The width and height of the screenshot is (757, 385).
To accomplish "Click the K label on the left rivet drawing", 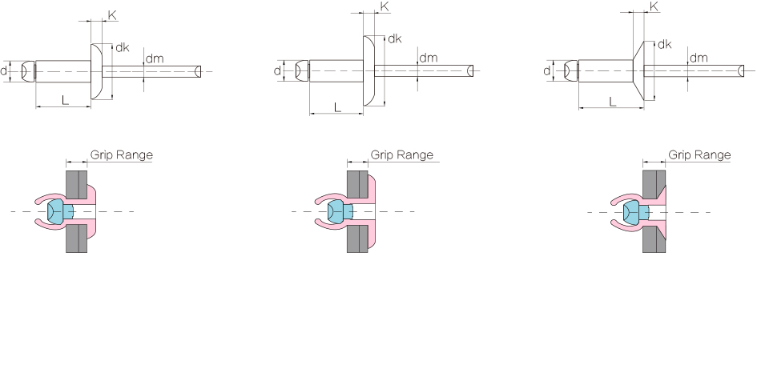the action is click(112, 15).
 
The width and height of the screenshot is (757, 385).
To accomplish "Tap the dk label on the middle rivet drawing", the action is click(395, 38).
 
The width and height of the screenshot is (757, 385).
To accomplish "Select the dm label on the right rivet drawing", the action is click(699, 58).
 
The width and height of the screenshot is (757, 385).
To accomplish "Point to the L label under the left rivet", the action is click(65, 100).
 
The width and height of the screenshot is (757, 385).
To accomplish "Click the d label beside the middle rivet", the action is click(277, 71).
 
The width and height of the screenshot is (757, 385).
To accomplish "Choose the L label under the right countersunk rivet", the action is click(613, 102).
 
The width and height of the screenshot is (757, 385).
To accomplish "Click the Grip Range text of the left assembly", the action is click(122, 154).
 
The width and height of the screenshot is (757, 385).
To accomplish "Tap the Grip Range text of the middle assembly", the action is click(401, 154).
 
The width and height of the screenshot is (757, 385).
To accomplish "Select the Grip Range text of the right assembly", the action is click(699, 154).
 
